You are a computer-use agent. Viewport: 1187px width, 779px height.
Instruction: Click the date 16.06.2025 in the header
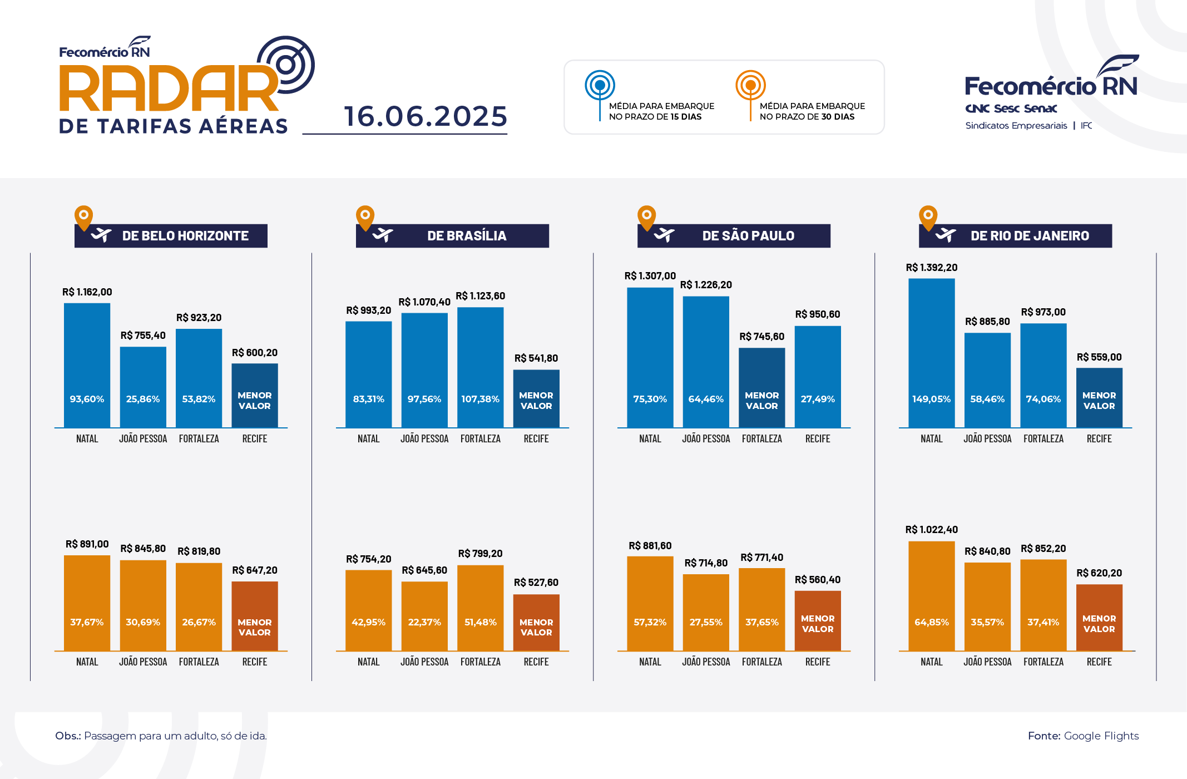426,116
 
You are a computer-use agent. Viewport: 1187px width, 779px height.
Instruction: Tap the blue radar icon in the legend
600,86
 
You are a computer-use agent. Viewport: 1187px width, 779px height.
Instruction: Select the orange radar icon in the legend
750,86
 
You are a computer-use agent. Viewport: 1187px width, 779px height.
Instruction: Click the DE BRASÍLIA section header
466,236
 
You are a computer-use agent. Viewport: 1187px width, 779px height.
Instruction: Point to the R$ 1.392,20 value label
932,268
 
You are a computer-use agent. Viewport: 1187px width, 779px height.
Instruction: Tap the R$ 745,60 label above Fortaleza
761,337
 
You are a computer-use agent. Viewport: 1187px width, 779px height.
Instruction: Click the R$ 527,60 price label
536,583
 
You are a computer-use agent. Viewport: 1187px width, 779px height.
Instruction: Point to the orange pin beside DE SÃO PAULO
646,216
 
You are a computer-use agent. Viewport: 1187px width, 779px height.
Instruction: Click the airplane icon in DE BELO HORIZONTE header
101,235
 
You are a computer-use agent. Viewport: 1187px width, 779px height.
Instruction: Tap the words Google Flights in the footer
1101,736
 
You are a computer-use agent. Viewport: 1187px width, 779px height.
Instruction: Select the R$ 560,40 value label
818,580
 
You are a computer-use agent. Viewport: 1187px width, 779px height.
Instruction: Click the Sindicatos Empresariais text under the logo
1016,126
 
